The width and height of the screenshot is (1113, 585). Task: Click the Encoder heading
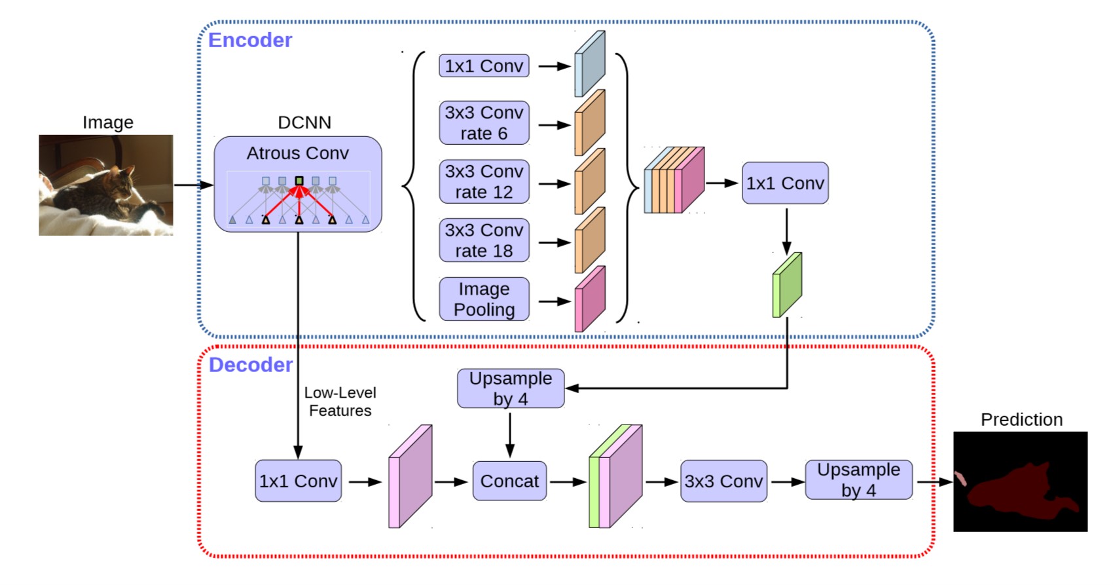point(250,40)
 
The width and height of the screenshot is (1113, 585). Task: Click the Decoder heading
point(250,365)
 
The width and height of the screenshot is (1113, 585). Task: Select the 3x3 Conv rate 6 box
point(484,123)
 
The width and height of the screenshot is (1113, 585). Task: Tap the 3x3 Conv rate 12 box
point(484,181)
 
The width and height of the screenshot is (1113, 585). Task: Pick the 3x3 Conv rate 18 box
point(484,240)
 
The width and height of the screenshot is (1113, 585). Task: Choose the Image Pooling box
point(484,299)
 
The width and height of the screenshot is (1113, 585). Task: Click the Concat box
point(510,481)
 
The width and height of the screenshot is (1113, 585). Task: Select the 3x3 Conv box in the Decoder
point(723,481)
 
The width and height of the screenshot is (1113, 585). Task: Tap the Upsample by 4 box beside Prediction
point(858,480)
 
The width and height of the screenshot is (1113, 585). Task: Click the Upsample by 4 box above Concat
point(511,388)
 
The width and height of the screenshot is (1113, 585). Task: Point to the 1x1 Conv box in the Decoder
point(298,481)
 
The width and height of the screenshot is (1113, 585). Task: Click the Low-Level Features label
point(340,402)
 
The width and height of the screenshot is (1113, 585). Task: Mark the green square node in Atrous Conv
point(299,181)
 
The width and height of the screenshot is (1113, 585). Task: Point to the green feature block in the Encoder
point(787,285)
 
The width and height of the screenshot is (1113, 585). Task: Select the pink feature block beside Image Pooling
point(590,299)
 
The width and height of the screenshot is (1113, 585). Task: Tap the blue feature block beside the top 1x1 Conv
point(590,64)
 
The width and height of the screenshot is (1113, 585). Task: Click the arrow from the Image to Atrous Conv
point(193,185)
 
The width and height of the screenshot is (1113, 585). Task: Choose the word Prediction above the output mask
point(1021,419)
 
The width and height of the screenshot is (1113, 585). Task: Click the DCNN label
point(304,123)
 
